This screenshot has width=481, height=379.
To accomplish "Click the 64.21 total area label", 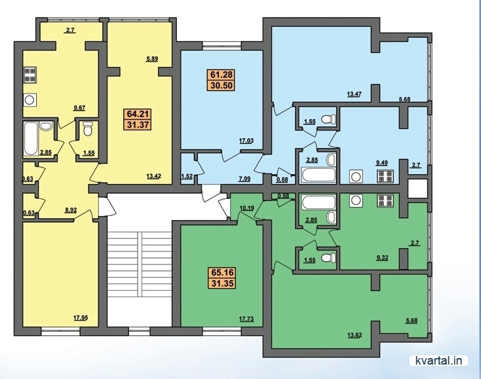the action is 138,115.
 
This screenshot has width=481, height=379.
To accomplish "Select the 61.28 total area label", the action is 221,75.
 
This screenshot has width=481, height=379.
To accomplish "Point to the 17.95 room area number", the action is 81,317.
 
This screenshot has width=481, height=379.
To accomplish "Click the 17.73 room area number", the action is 246,319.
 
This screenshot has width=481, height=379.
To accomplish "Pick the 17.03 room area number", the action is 246,141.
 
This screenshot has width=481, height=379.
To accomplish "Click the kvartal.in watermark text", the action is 438,360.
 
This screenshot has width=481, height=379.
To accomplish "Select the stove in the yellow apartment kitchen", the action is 30,75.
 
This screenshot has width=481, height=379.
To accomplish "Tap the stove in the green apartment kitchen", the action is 385,201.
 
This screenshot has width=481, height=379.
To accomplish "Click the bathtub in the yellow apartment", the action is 30,139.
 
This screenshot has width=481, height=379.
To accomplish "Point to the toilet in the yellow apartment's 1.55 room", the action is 88,129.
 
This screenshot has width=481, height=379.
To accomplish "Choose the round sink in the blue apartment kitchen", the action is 356,177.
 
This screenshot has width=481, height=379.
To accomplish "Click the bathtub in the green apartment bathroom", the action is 318,202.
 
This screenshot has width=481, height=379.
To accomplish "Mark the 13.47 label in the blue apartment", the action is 355,94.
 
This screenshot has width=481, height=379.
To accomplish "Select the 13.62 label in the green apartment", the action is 355,335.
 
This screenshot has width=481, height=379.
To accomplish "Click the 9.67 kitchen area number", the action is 79,108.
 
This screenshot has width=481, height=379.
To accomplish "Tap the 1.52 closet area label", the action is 187,176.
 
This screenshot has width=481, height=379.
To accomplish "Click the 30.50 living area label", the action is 221,85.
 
